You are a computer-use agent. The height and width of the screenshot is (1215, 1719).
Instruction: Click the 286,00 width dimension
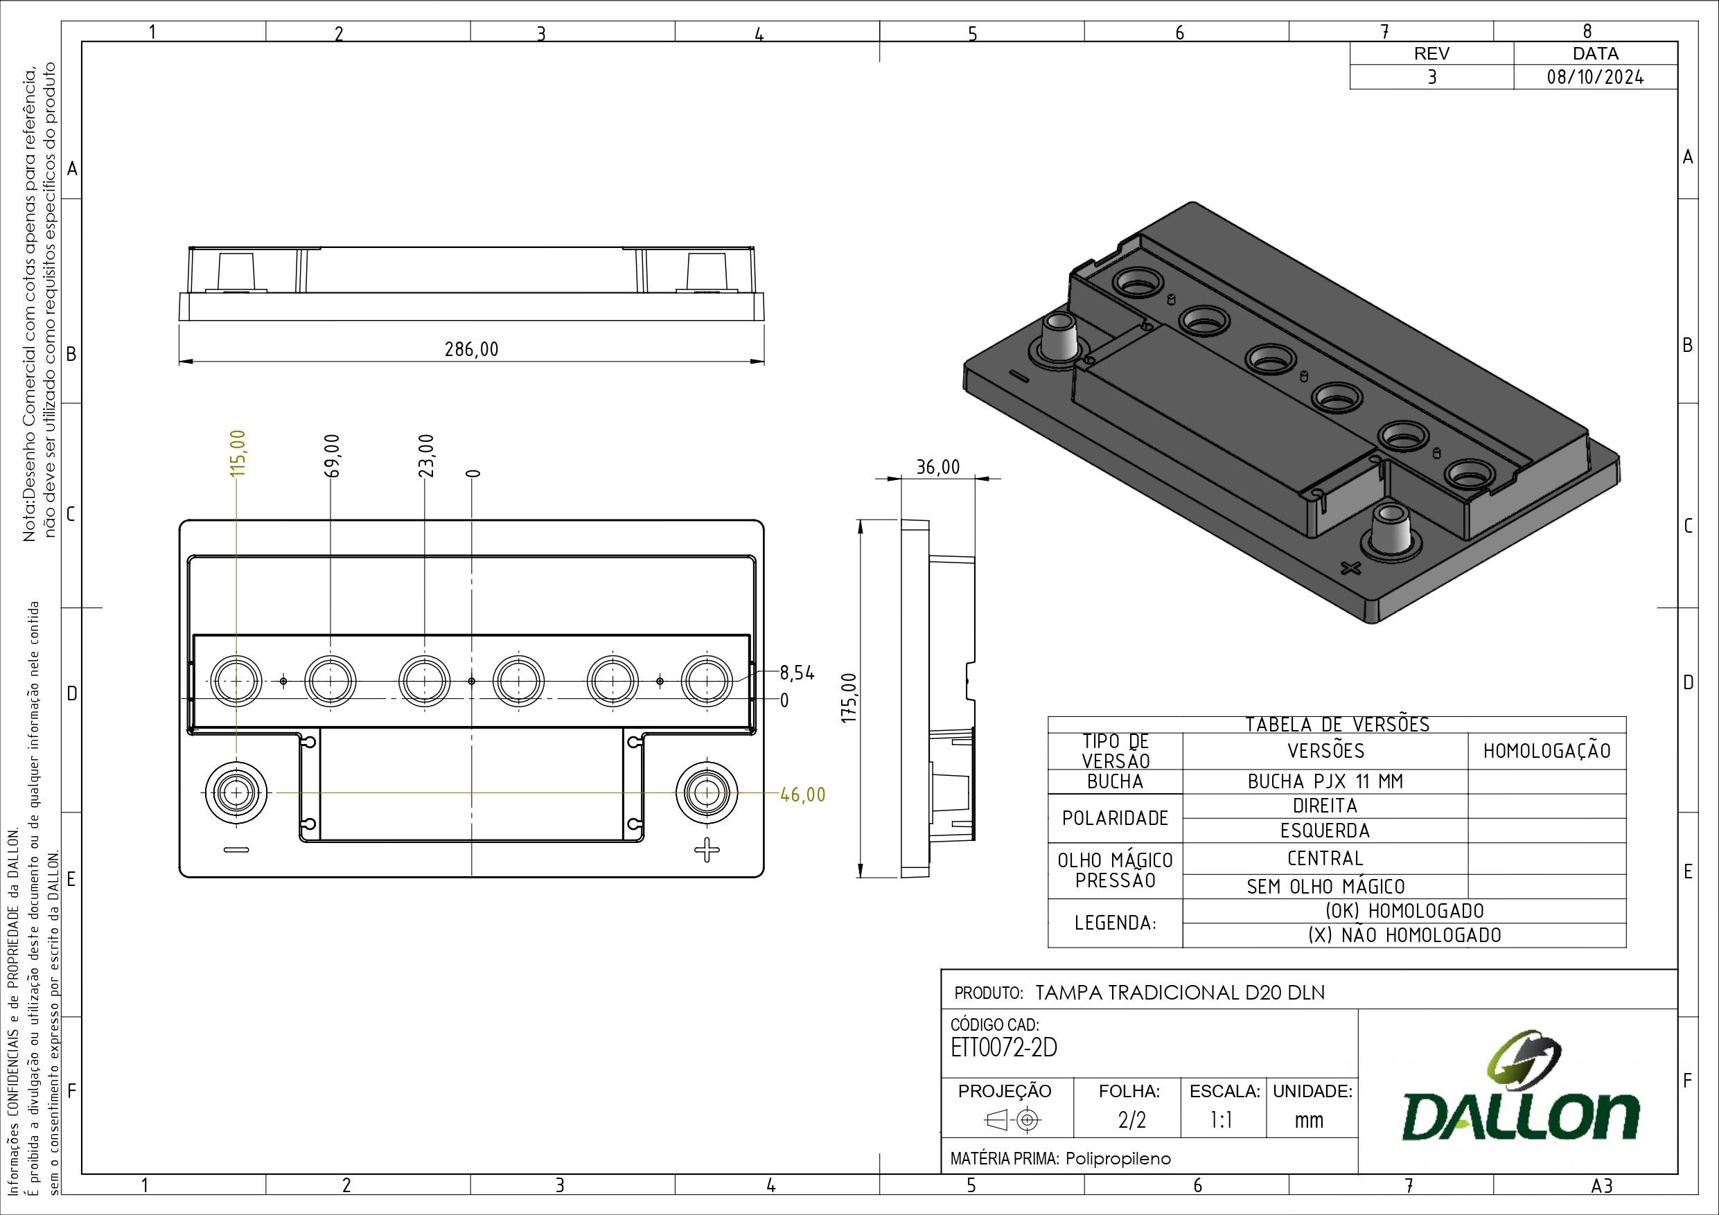[471, 350]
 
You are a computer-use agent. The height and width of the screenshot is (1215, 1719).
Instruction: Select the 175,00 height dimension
[848, 697]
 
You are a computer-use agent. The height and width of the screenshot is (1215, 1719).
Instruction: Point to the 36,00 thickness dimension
[937, 467]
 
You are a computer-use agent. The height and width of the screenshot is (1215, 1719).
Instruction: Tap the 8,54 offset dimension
[797, 673]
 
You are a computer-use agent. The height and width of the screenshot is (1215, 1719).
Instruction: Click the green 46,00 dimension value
[802, 795]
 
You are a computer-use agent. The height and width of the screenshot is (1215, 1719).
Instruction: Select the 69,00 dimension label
[333, 455]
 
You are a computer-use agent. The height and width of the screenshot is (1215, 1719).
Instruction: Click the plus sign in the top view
[706, 851]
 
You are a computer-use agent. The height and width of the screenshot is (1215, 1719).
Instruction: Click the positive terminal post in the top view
[705, 792]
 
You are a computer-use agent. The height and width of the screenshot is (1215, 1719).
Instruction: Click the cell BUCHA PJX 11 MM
[1325, 781]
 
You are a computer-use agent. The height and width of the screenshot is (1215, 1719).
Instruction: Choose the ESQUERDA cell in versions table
[1325, 831]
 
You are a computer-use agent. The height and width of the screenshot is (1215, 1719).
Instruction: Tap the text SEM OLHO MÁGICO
[1325, 887]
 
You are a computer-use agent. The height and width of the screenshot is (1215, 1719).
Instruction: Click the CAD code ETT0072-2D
[1003, 1048]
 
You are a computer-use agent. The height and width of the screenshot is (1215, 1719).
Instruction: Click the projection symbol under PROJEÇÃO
[1014, 1120]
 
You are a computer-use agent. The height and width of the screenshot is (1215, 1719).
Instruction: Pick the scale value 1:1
[1222, 1120]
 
